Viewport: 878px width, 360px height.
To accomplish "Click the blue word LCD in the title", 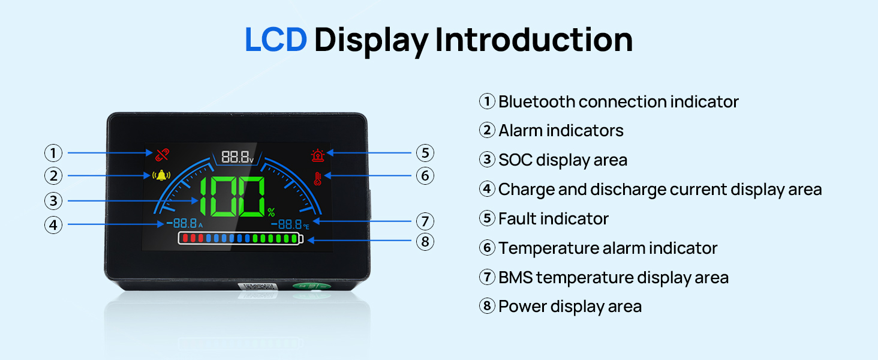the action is point(275,40).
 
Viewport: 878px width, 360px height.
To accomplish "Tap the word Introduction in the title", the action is point(534,40).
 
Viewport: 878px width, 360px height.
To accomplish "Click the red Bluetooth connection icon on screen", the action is point(162,155).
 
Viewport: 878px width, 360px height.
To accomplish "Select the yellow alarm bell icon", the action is point(161,175).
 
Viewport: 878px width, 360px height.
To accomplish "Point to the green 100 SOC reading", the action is point(232,197).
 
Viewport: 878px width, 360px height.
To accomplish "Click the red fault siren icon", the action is point(317,155).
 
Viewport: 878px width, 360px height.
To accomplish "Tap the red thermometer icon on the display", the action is point(317,179).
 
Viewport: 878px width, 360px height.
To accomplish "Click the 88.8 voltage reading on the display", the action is point(237,157).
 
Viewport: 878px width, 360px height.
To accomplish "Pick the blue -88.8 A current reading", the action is point(185,224).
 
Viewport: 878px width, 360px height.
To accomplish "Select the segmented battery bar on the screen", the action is point(240,238).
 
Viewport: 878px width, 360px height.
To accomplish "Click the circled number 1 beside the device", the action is point(53,153).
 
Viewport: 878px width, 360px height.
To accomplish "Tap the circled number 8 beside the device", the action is point(425,242).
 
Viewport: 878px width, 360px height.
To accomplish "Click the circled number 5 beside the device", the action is point(425,153).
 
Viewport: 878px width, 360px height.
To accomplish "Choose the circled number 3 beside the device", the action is point(53,201).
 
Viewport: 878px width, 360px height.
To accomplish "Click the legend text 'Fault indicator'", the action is point(554,219).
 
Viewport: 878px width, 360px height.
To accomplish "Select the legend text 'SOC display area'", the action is point(563,160).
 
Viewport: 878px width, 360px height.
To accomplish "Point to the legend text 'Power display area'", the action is point(570,307).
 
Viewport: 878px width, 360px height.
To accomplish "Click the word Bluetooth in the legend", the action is point(537,101).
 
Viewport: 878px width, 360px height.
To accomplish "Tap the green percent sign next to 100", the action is point(271,212).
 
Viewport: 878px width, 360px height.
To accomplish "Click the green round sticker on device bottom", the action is point(312,286).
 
